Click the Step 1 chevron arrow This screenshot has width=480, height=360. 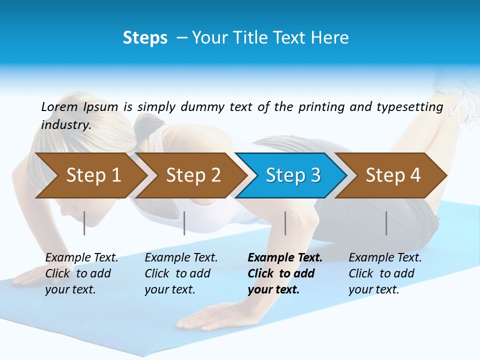(92, 175)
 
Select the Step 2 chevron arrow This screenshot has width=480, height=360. (192, 175)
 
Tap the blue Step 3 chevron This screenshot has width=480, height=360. (292, 175)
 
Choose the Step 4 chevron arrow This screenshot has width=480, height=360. (392, 175)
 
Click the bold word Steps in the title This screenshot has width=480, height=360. (145, 38)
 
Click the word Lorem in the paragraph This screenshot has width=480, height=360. (59, 107)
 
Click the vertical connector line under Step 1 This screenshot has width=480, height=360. (84, 223)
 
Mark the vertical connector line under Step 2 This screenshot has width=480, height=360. (184, 223)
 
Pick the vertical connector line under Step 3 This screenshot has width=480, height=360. (285, 223)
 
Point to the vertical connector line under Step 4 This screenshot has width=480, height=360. (386, 223)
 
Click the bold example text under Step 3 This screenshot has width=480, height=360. (284, 273)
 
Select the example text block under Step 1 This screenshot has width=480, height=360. (81, 273)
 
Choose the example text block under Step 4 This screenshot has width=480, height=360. (384, 273)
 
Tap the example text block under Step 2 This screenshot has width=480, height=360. (181, 273)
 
